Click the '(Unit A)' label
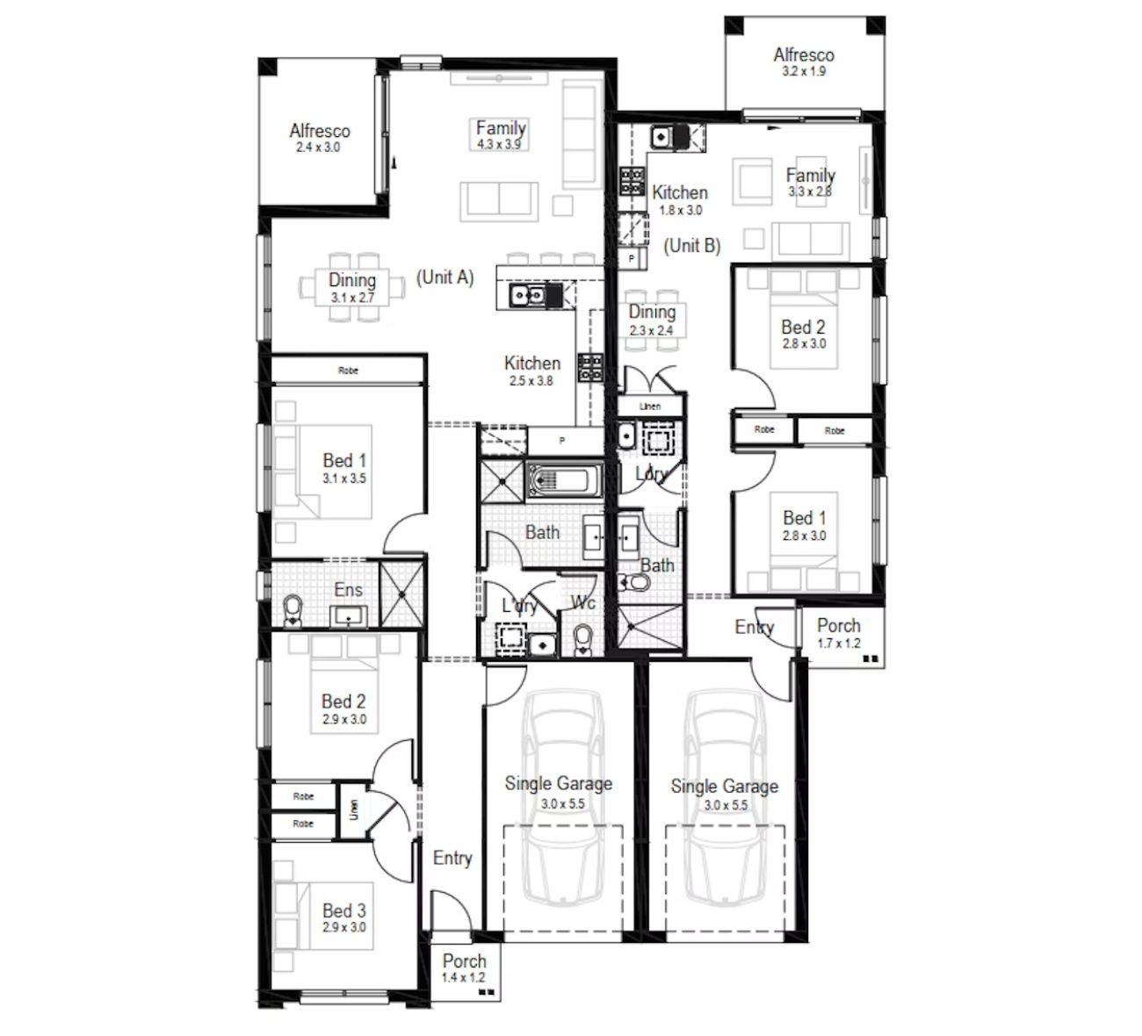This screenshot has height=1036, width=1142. click(445, 277)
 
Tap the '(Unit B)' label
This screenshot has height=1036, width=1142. click(691, 246)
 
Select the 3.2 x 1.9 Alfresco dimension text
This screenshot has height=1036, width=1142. click(803, 71)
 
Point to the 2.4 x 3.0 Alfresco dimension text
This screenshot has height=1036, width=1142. click(318, 147)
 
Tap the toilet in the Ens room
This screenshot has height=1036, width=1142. click(293, 610)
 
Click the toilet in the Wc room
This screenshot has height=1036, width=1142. click(583, 640)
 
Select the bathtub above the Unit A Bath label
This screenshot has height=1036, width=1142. click(565, 480)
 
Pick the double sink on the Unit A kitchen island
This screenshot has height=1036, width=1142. click(528, 295)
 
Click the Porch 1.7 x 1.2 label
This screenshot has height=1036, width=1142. click(839, 634)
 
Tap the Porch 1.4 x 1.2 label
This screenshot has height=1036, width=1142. click(464, 968)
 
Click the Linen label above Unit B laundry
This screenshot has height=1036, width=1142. click(649, 406)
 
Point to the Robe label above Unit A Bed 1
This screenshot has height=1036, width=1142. click(348, 371)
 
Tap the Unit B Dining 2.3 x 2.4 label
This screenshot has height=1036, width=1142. click(652, 320)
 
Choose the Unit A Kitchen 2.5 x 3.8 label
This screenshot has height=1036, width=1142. click(531, 371)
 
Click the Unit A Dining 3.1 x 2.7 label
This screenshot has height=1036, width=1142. click(352, 288)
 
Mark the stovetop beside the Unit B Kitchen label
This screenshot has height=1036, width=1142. click(632, 181)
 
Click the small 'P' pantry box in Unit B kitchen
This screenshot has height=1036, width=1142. click(631, 259)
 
